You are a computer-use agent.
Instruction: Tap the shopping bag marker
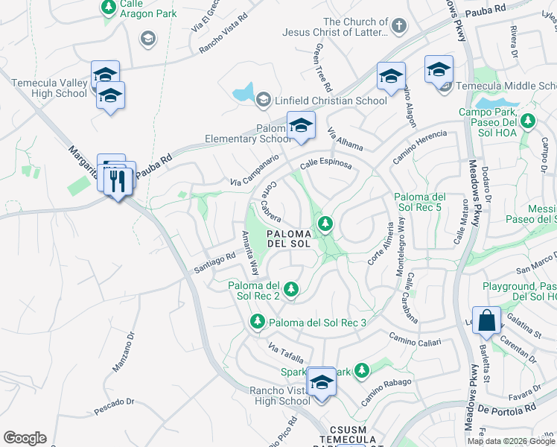pyautogui.click(x=486, y=320)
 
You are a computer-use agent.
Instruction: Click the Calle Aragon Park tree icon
pyautogui.click(x=109, y=7)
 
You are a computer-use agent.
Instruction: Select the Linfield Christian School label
pyautogui.click(x=329, y=101)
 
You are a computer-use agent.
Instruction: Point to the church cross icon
pyautogui.click(x=399, y=27)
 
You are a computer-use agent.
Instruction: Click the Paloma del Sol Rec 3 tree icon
pyautogui.click(x=257, y=322)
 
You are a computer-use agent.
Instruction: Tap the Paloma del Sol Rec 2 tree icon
pyautogui.click(x=291, y=288)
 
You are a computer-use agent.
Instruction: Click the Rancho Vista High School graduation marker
pyautogui.click(x=322, y=383)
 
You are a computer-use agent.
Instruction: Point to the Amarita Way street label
pyautogui.click(x=249, y=253)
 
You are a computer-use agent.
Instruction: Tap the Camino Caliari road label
pyautogui.click(x=416, y=340)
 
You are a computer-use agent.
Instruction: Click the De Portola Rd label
pyautogui.click(x=507, y=410)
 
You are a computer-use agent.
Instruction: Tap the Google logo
pyautogui.click(x=25, y=438)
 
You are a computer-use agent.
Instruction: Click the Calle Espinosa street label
pyautogui.click(x=325, y=164)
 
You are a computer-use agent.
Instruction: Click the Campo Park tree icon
pyautogui.click(x=528, y=120)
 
